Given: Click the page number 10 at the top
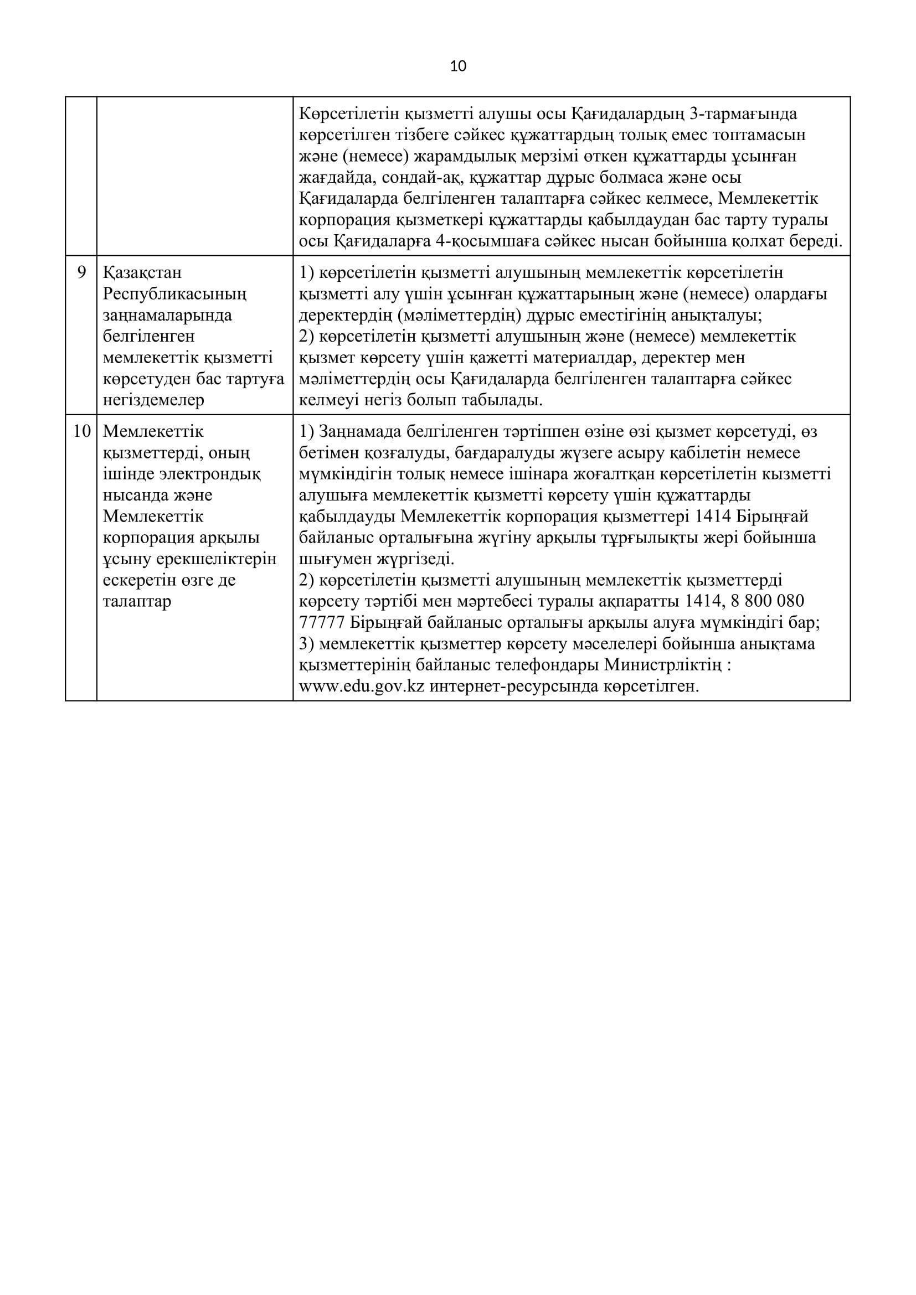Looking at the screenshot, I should pyautogui.click(x=458, y=66).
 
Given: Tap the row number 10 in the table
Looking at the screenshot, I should pyautogui.click(x=82, y=432).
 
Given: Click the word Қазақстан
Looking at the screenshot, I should pyautogui.click(x=143, y=273).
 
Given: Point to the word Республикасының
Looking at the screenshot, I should pyautogui.click(x=175, y=294).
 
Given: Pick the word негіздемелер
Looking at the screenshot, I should pyautogui.click(x=153, y=400).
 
